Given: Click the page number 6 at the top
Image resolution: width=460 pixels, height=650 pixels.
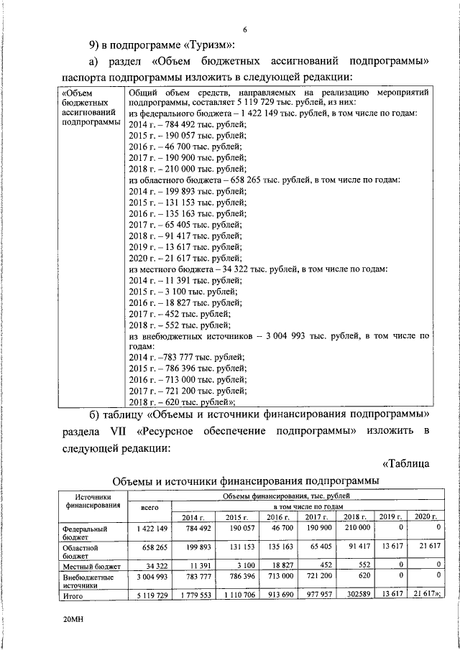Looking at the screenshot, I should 244,29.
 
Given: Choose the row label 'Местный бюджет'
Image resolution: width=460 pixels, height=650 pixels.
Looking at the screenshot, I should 91,567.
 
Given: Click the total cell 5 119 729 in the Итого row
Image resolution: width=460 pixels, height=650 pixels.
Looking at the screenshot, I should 152,595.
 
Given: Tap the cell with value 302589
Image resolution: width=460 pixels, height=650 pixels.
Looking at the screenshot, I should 356,595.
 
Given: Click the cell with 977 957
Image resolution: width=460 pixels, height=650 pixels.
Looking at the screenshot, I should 316,595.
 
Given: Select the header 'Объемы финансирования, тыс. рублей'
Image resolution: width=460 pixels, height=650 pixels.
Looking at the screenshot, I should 286,496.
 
